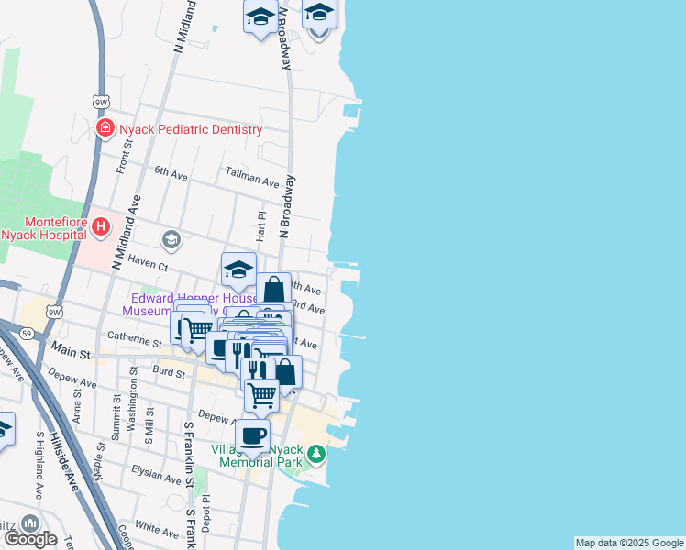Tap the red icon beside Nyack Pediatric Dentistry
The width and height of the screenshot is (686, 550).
pyautogui.click(x=105, y=128)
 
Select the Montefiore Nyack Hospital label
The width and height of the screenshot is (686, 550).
pyautogui.click(x=42, y=228)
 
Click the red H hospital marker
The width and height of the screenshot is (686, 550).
pyautogui.click(x=101, y=225)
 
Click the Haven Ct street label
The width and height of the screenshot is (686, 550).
pyautogui.click(x=148, y=265)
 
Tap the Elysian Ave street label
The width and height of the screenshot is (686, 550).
pyautogui.click(x=156, y=476)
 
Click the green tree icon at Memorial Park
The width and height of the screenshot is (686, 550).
pyautogui.click(x=315, y=453)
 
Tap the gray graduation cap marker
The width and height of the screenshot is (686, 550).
pyautogui.click(x=171, y=240)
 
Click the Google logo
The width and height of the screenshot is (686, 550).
pyautogui.click(x=30, y=538)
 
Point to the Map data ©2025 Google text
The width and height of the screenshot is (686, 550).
pyautogui.click(x=629, y=543)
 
